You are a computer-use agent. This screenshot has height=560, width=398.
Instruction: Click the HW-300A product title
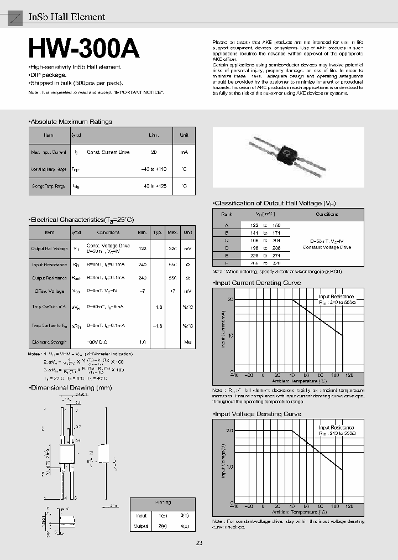pos(83,49)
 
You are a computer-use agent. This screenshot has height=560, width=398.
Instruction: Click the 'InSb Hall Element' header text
pos(66,17)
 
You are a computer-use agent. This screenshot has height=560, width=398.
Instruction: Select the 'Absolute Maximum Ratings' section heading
pos(71,122)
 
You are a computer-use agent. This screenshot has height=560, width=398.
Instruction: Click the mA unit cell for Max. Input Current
pos(184,152)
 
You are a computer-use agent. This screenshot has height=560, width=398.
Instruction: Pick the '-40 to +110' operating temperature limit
pos(153,169)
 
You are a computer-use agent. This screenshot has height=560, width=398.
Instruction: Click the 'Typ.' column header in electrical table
pos(158,232)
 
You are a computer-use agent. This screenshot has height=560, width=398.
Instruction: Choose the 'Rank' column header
pos(227,214)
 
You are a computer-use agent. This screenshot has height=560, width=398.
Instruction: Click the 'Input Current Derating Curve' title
pos(257,283)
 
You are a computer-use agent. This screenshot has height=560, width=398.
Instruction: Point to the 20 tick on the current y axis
pos(231,299)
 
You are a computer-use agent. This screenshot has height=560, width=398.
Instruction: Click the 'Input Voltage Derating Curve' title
pos(257,414)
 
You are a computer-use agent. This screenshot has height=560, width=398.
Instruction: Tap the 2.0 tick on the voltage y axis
pos(229,431)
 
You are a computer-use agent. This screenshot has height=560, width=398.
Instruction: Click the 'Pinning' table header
pos(163,502)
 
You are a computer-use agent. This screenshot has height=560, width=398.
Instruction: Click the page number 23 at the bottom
pos(199,543)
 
